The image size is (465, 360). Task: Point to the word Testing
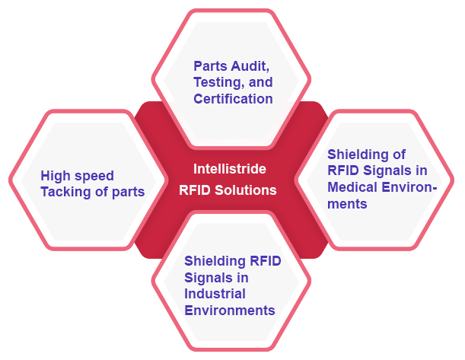click(216, 82)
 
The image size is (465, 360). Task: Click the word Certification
click(233, 99)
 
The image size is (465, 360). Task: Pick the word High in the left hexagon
click(56, 176)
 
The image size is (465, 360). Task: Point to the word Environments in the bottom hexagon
click(229, 311)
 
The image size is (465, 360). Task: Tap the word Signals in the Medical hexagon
click(390, 170)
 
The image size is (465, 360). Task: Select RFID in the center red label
click(193, 190)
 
